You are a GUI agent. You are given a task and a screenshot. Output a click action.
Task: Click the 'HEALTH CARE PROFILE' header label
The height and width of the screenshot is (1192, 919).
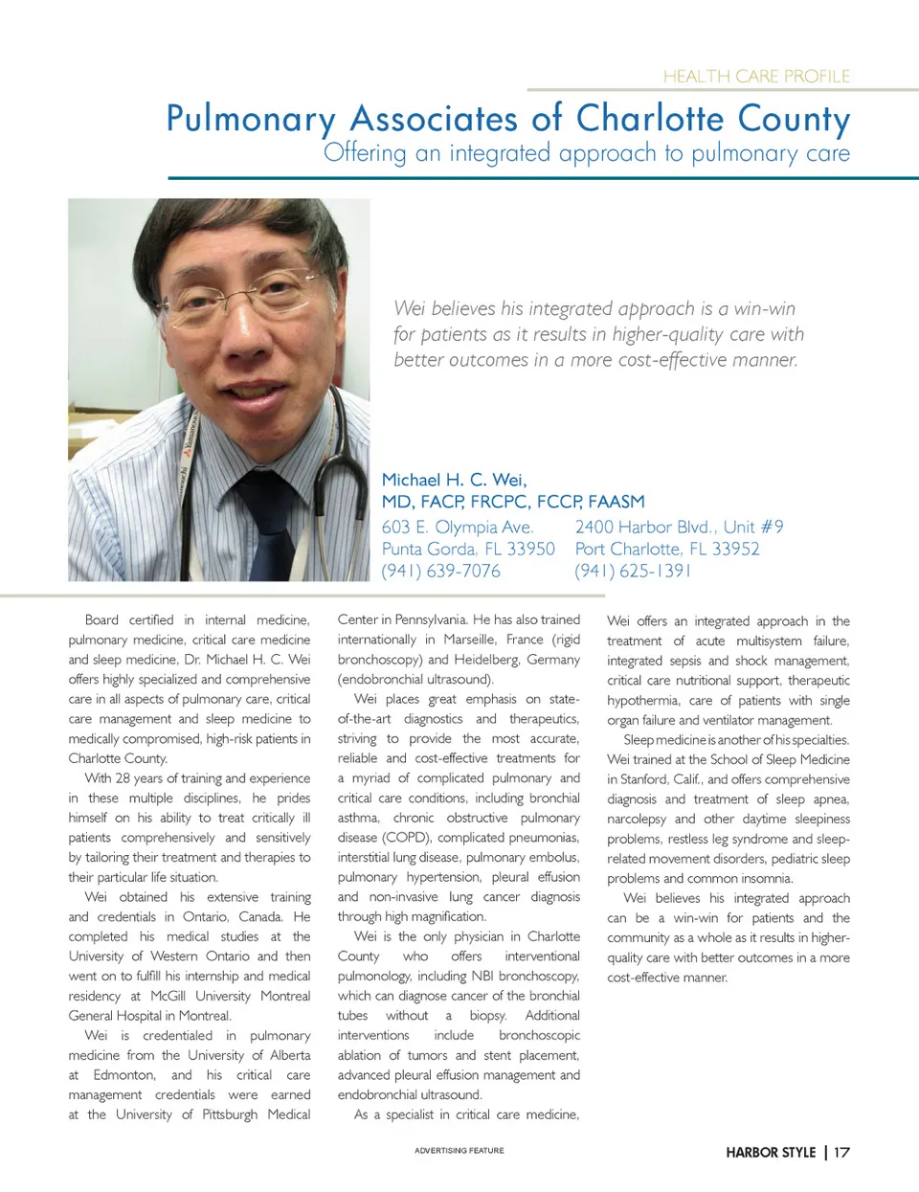point(756,77)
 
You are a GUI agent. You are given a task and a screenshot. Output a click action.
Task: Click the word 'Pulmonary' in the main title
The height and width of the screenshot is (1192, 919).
point(251,120)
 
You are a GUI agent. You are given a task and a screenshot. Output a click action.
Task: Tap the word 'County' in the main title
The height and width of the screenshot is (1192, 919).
point(794,120)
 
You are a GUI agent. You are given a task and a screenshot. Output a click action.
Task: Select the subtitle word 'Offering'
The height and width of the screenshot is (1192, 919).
point(365,153)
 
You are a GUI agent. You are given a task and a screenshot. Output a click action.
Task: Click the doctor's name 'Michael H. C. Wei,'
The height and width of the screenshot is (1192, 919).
point(454,480)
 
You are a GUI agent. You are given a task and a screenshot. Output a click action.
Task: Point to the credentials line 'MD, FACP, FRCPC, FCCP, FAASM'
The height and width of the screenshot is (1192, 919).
point(513,502)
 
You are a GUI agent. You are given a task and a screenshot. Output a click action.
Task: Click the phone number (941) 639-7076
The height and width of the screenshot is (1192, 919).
point(440,572)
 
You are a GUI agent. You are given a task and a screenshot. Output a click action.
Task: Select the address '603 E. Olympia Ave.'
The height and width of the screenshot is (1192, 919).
point(457,528)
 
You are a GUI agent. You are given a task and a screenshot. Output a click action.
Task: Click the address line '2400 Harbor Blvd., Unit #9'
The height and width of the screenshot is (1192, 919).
point(679,528)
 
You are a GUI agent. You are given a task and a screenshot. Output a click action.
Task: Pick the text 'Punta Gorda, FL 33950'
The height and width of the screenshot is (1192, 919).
point(468,550)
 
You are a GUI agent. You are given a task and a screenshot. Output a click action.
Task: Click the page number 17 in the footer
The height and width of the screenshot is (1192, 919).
point(841,1153)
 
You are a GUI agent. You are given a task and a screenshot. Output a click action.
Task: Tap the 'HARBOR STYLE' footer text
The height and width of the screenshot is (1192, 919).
point(771,1153)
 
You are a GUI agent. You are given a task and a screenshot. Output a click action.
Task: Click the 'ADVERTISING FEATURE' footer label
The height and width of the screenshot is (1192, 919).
point(459,1151)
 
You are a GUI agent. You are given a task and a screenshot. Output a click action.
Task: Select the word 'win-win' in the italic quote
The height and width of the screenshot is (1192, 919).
point(764,309)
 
